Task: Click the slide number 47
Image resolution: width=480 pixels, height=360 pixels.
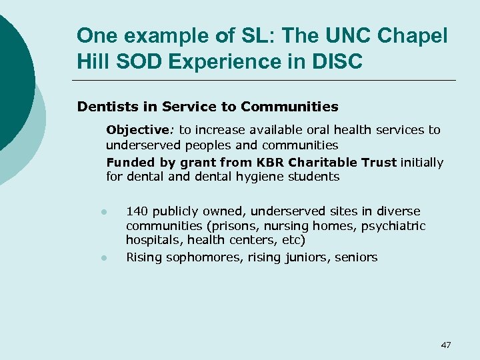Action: tap(446, 345)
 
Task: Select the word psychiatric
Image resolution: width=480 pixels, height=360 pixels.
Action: tap(393, 227)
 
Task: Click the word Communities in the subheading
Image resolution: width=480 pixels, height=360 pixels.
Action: tap(290, 107)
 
